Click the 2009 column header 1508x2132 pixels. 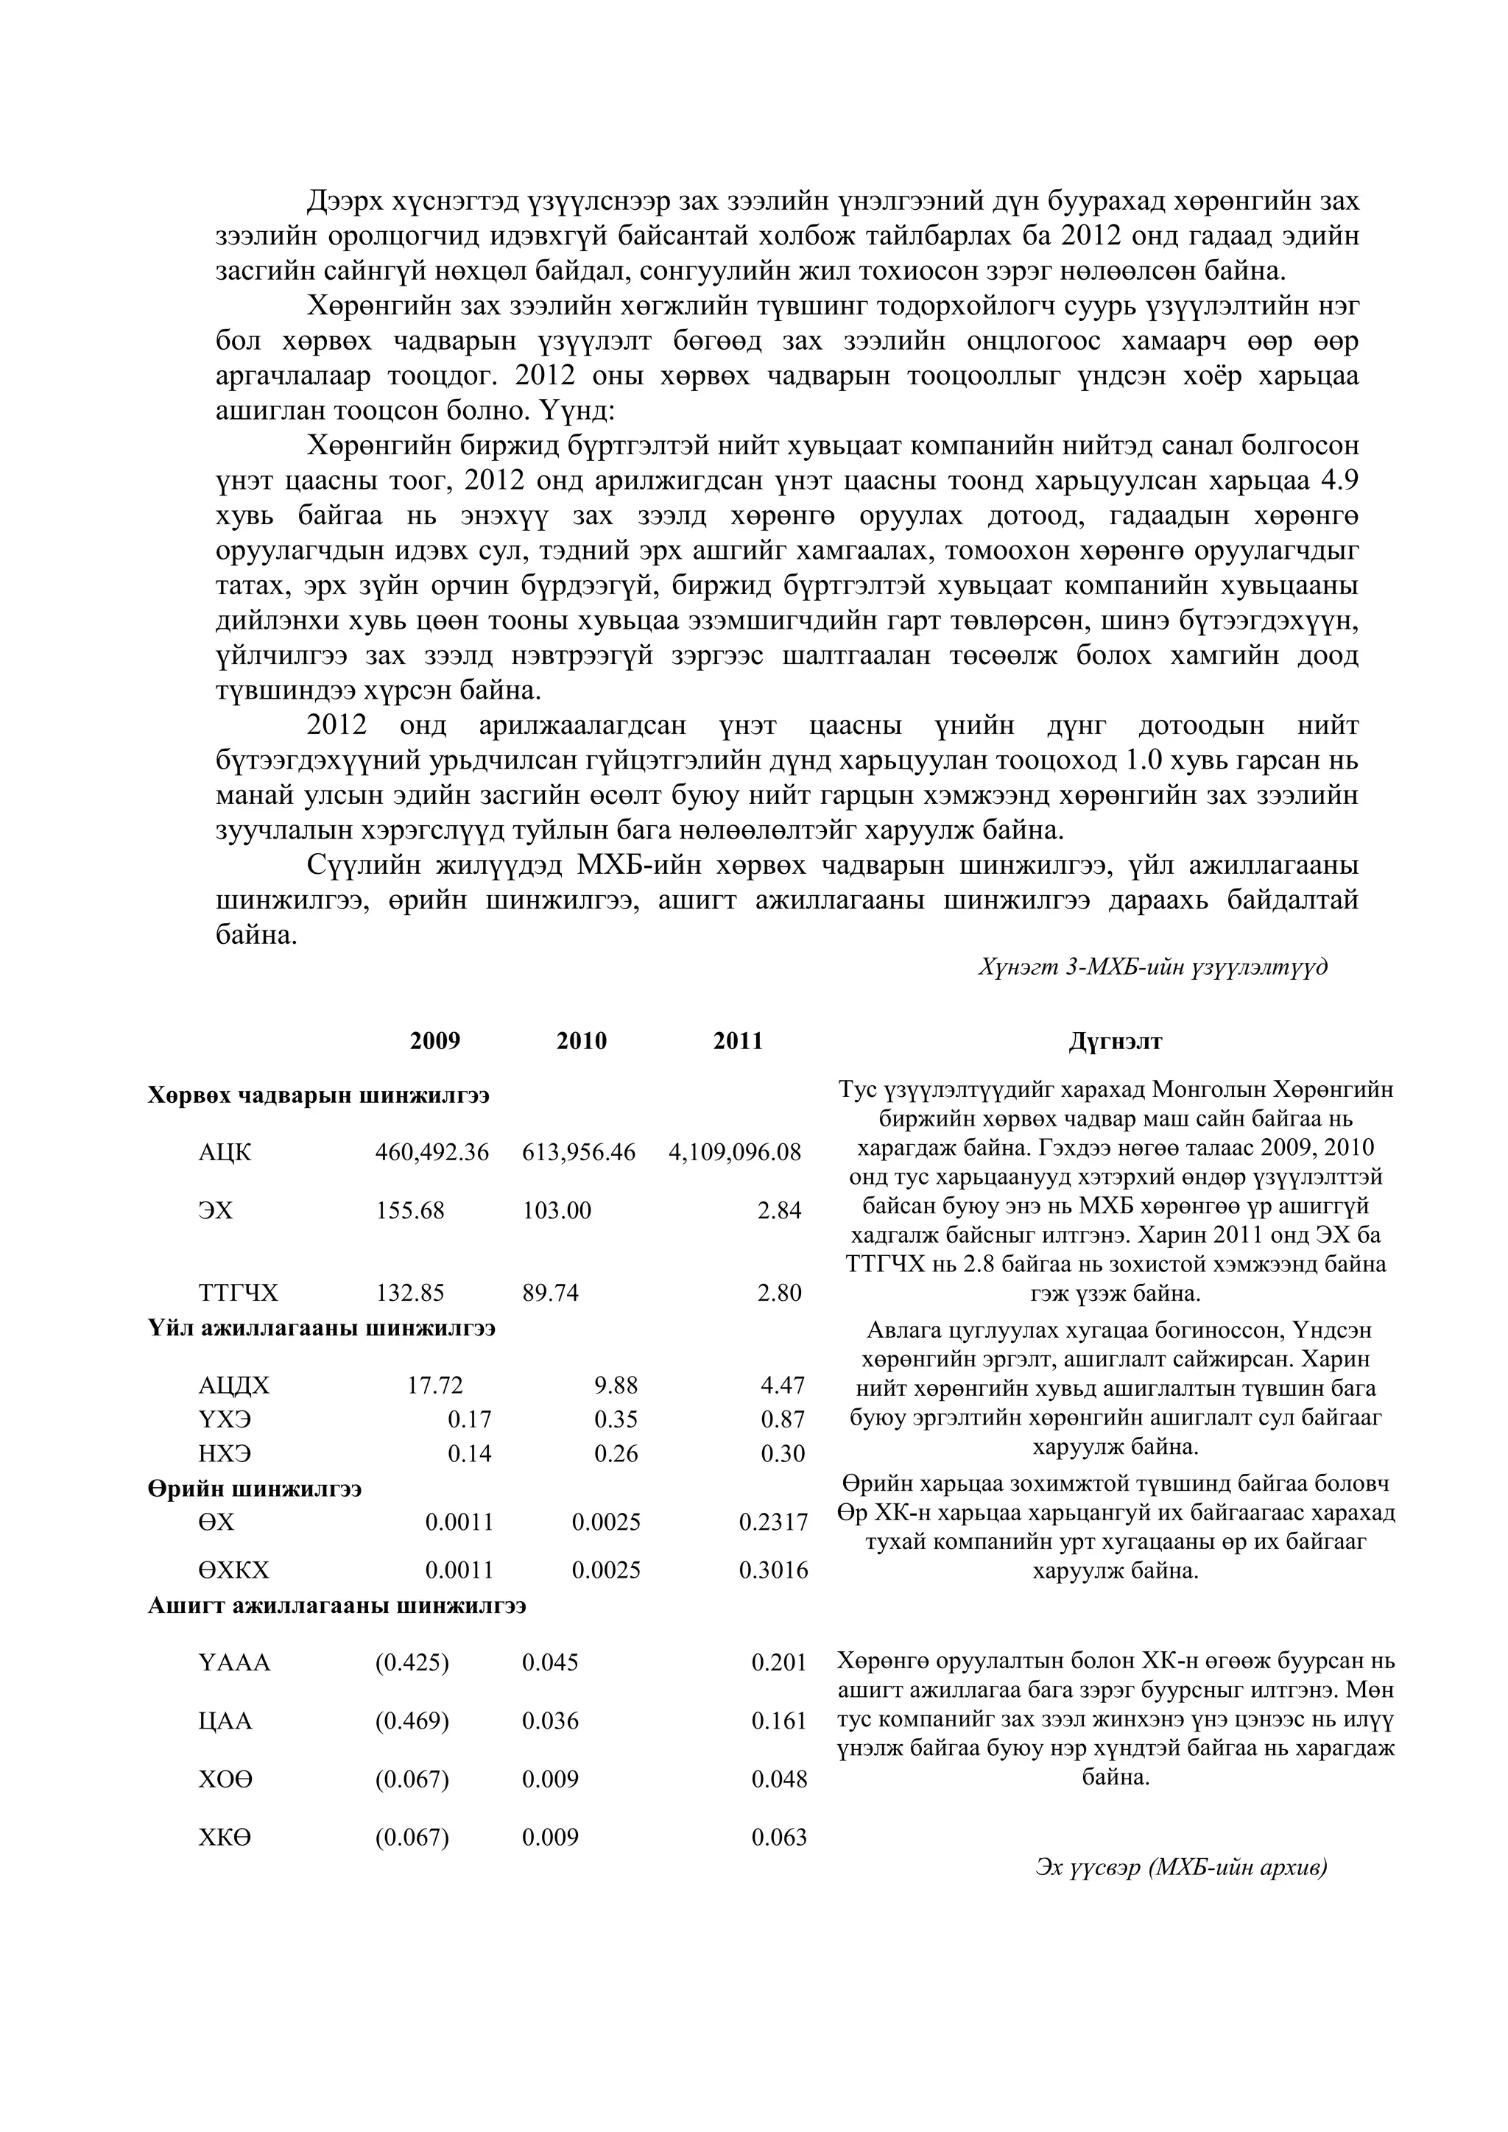[434, 1041]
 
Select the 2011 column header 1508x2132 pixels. [737, 1041]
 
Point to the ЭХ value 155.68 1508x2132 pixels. [409, 1211]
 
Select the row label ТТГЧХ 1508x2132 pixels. [238, 1293]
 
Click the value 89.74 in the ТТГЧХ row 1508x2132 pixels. [550, 1293]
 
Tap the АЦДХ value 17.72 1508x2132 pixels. [434, 1386]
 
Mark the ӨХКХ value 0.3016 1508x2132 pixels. [772, 1570]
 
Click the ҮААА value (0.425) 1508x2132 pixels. [412, 1662]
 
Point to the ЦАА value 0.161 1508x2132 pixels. [778, 1720]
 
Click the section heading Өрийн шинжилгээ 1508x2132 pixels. [255, 1489]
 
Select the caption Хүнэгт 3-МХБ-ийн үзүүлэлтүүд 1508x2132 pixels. [1152, 967]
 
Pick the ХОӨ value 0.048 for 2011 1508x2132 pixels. [778, 1779]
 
